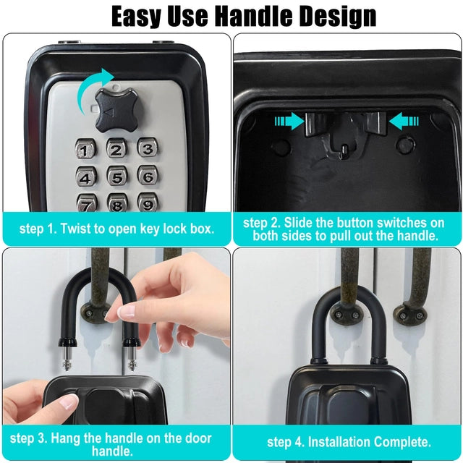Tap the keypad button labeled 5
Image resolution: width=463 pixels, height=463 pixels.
click(117, 177)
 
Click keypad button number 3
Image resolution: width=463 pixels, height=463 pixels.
click(148, 148)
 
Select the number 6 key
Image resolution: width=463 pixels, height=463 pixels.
click(148, 177)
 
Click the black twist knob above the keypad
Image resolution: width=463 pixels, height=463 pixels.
click(119, 111)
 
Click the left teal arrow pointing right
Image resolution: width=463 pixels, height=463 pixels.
click(289, 121)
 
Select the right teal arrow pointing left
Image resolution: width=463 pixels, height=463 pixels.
click(404, 121)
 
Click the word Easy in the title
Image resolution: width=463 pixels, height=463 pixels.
click(137, 17)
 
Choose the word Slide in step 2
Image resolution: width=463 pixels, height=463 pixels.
click(298, 223)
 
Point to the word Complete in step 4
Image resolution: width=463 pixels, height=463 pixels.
click(403, 442)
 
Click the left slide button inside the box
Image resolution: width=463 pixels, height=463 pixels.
click(315, 124)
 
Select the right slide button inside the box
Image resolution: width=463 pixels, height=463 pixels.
click(375, 124)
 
